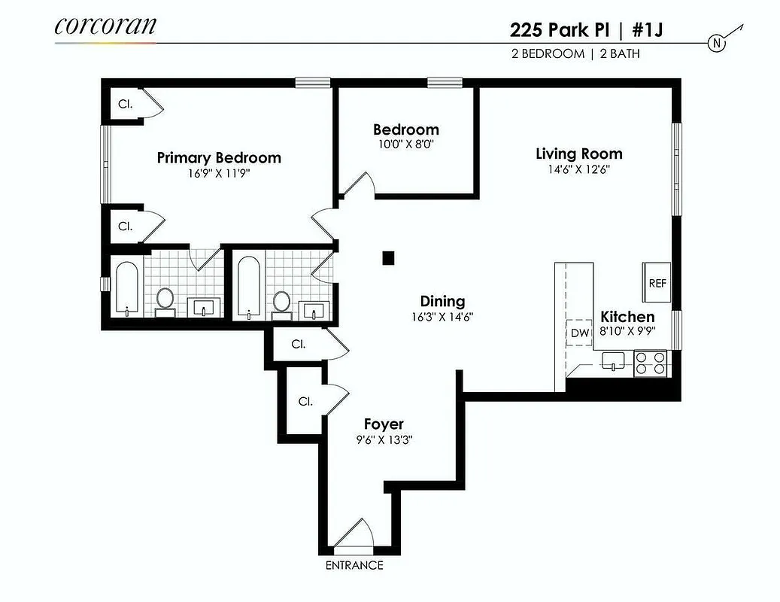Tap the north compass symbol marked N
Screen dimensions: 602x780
click(x=718, y=44)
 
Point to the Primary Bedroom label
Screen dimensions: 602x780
click(x=219, y=157)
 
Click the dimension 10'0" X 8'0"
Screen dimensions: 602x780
click(x=405, y=143)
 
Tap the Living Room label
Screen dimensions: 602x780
click(x=578, y=154)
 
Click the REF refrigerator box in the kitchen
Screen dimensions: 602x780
click(x=657, y=284)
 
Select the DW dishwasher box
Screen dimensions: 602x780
click(x=579, y=333)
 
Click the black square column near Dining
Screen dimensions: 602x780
click(x=388, y=258)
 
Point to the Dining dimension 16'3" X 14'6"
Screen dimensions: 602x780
click(x=442, y=316)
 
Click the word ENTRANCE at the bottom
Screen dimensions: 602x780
click(x=354, y=565)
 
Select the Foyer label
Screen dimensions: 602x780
click(x=384, y=424)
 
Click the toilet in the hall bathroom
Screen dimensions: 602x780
click(x=281, y=303)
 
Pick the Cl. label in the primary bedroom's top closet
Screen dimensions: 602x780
click(x=124, y=104)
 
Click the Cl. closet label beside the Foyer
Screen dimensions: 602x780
click(x=305, y=401)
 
